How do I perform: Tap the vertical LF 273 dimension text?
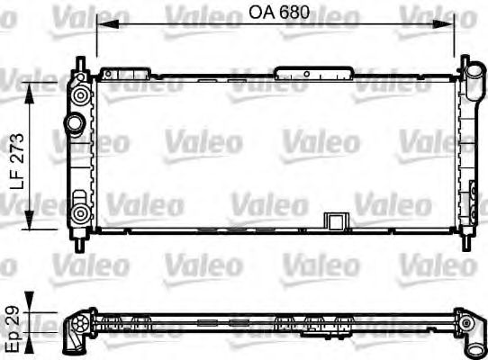click(x=16, y=154)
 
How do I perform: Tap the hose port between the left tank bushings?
click(x=73, y=121)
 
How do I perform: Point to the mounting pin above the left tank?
click(x=82, y=67)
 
